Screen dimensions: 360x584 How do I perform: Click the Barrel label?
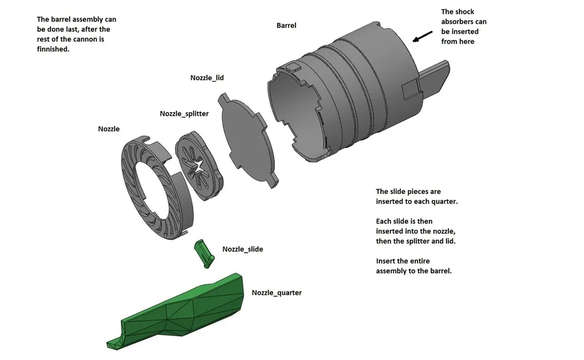coord(286,26)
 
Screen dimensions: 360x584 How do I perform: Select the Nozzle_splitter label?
coord(184,114)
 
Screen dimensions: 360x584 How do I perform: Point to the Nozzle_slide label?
coord(242,249)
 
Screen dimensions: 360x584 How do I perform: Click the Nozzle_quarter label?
coord(277,293)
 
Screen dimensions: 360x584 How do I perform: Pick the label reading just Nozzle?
coord(109,129)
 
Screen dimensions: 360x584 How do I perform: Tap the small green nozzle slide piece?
coord(203,253)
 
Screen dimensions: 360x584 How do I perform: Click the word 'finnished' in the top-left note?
coord(53,49)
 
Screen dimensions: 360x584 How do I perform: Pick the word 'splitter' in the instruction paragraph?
coord(420,241)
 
